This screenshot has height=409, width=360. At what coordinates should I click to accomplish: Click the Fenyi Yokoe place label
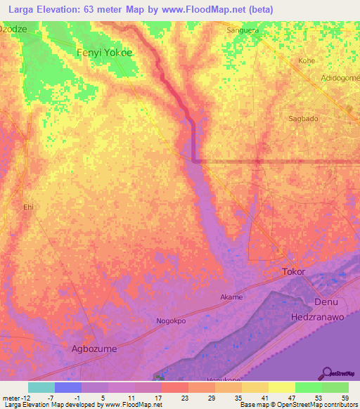(104, 52)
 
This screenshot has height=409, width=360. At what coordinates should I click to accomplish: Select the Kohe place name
(307, 61)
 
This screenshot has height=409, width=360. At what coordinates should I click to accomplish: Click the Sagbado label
(304, 119)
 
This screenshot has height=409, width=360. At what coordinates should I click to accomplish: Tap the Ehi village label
(29, 207)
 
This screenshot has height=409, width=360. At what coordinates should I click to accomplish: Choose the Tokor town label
(294, 271)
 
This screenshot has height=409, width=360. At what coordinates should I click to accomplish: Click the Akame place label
(231, 297)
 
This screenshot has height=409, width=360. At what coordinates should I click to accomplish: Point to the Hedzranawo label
(316, 318)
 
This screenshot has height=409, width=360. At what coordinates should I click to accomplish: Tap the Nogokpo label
(171, 321)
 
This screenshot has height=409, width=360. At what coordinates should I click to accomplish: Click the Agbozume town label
(95, 348)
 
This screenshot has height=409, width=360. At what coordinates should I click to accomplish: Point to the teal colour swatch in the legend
(41, 387)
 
